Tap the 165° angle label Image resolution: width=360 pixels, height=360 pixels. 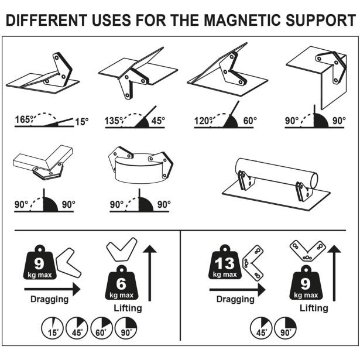tap(23, 121)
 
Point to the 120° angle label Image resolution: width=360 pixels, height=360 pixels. tap(203, 121)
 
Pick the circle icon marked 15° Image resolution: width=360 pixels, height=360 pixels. tap(53, 328)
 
